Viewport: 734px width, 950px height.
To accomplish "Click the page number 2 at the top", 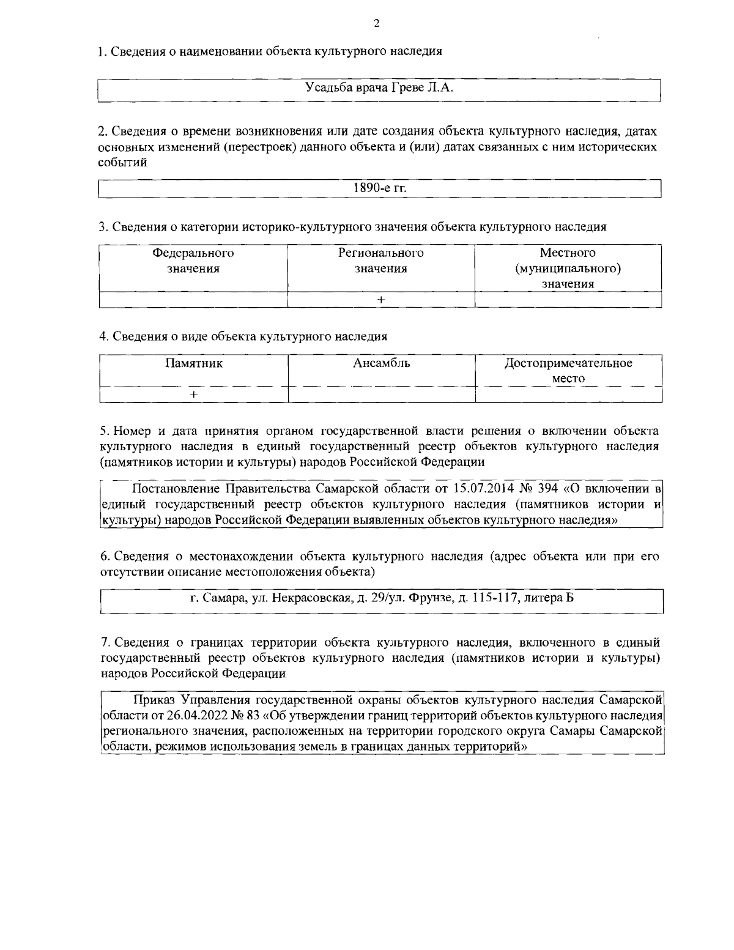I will tap(376, 24).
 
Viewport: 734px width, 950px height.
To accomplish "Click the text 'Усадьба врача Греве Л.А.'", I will tap(379, 88).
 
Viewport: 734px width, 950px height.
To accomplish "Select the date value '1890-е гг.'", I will tap(379, 188).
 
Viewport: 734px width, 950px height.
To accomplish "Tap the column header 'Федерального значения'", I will tap(193, 261).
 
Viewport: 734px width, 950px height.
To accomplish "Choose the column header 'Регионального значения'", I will tap(381, 261).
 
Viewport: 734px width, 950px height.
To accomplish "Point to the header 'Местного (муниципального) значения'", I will tap(568, 269).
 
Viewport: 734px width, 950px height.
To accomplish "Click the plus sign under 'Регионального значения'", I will tap(381, 300).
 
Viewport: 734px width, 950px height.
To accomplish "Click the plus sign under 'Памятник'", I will tap(193, 395).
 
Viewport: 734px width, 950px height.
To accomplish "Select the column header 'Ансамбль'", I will tap(381, 363).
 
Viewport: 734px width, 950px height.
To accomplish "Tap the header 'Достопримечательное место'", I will tap(568, 371).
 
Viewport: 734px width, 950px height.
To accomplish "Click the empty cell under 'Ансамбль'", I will tap(381, 395).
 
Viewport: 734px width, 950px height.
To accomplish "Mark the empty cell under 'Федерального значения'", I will tap(193, 300).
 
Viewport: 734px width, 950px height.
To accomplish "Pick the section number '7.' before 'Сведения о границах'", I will tap(105, 642).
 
